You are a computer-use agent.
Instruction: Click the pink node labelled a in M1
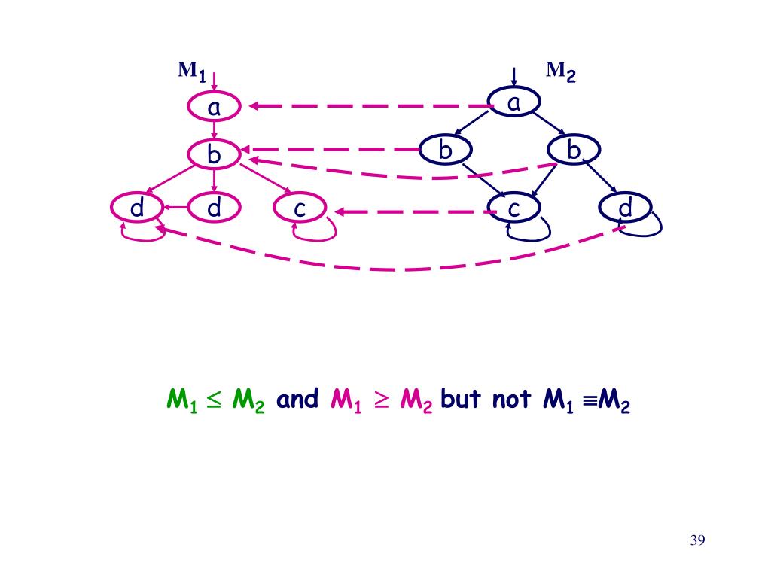coord(214,108)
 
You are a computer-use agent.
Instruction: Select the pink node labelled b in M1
coord(214,155)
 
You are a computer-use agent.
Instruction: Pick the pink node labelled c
coord(300,208)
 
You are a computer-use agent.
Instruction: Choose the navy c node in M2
coord(513,208)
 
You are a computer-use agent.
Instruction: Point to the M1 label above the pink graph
coord(191,71)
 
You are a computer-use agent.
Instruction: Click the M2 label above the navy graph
coord(560,71)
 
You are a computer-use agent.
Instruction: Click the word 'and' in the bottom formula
coord(298,399)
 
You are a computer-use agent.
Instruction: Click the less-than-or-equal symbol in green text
coord(214,400)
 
